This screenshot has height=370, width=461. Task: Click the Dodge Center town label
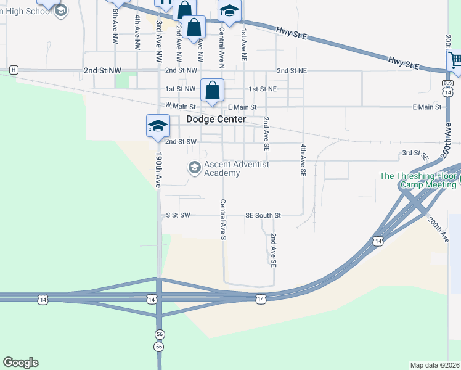click(216, 119)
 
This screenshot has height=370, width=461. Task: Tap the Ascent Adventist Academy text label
click(236, 168)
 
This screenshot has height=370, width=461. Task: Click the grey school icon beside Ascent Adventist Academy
click(195, 168)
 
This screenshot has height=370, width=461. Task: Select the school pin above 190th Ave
click(157, 126)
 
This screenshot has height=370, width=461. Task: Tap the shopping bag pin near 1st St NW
click(212, 90)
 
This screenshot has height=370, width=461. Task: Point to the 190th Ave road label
click(158, 170)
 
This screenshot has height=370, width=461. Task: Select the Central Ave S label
click(222, 219)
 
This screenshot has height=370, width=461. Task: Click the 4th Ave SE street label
click(303, 161)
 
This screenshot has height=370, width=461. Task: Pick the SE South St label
click(263, 216)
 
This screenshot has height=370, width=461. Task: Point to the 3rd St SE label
click(415, 154)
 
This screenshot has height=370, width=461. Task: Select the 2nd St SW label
click(181, 142)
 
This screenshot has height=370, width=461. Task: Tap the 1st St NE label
click(263, 89)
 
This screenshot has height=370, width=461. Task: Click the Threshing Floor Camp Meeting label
click(418, 180)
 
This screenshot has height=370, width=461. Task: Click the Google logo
click(20, 363)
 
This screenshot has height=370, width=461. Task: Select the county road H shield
click(14, 70)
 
